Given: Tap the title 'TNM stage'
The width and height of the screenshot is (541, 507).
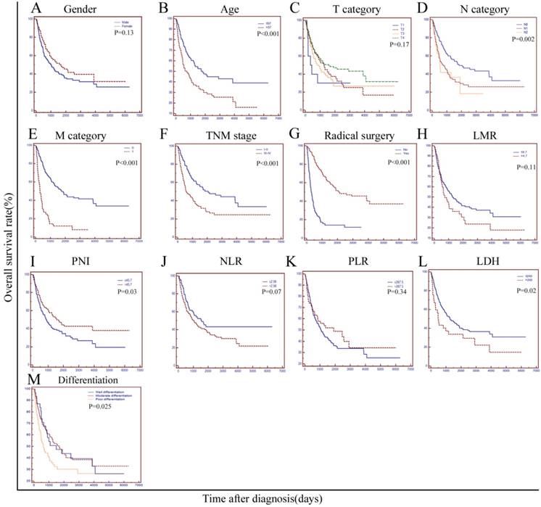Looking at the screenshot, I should (215, 135).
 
